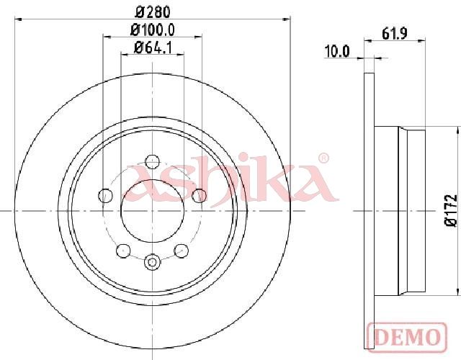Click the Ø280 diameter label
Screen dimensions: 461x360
153,12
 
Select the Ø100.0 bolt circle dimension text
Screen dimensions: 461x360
153,30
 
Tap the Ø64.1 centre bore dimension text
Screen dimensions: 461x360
153,48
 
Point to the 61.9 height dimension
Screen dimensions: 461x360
394,33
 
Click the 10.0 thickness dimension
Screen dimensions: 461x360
337,51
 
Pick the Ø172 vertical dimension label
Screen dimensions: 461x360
450,210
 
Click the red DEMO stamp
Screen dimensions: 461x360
407,337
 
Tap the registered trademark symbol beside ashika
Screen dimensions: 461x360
323,158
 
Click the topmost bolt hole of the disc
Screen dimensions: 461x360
152,161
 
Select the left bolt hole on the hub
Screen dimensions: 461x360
104,195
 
